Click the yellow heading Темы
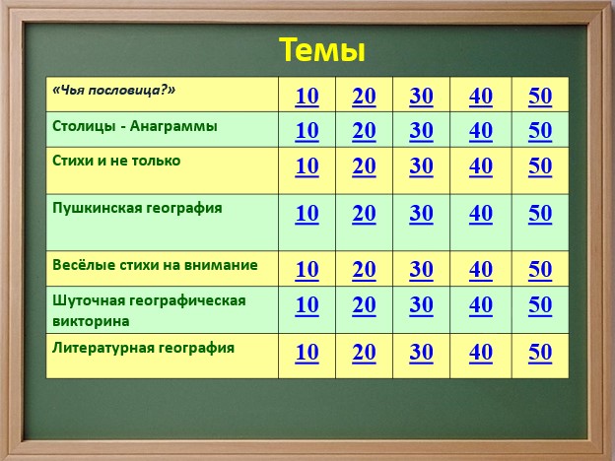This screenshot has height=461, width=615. pos(322,50)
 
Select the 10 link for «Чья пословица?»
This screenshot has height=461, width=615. pos(307,97)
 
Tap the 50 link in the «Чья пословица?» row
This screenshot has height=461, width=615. pos(540,97)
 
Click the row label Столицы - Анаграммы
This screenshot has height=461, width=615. pos(134,126)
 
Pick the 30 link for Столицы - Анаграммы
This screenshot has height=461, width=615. pos(421,131)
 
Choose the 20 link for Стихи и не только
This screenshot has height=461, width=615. pos(364,165)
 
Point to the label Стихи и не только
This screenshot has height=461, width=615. pos(116,161)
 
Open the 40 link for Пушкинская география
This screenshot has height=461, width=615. pos(481,213)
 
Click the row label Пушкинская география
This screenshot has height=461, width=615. pos(137,208)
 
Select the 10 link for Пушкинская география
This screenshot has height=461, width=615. pos(307,213)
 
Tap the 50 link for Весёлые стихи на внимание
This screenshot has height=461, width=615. pos(540,269)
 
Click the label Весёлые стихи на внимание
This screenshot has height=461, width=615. pos(155,265)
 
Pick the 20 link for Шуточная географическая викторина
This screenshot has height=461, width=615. pos(364,304)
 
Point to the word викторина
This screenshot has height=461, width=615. pos(91,321)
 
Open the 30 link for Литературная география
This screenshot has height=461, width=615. pos(421,352)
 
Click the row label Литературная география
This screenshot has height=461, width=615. pos(143,348)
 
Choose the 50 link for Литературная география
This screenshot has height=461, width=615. pos(540,352)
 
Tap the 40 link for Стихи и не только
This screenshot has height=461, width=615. pos(481,165)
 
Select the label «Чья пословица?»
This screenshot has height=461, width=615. pos(113,91)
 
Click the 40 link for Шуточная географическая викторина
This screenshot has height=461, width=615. pos(481,304)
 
